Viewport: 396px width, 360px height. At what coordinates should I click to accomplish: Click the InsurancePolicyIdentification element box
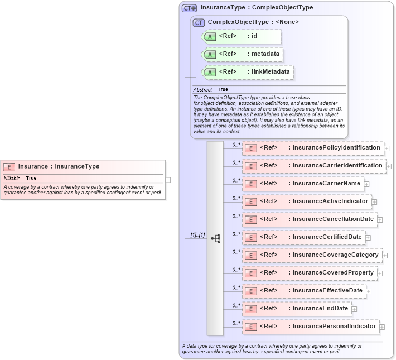click(312, 148)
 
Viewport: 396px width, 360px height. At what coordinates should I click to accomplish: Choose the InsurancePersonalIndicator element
click(310, 327)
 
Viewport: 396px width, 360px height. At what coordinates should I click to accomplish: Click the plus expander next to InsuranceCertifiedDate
click(369, 238)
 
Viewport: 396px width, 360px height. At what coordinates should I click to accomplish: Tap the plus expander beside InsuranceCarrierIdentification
click(389, 166)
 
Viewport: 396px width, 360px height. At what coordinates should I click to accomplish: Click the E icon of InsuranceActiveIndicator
click(251, 201)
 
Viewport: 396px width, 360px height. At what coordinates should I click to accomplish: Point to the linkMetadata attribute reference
click(248, 72)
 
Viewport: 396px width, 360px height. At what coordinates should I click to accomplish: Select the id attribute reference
click(240, 36)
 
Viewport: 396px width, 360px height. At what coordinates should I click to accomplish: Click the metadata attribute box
click(243, 54)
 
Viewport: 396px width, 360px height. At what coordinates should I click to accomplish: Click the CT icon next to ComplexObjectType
click(199, 22)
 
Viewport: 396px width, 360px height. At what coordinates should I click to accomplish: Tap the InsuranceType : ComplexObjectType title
click(257, 8)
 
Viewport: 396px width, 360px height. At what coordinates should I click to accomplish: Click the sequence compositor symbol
click(215, 238)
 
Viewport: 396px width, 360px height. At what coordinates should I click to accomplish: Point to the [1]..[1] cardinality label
click(197, 235)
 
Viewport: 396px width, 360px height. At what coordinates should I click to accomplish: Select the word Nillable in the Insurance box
click(12, 178)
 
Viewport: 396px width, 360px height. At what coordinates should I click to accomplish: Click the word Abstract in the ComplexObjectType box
click(202, 89)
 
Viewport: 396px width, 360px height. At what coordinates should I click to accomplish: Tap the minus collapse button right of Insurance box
click(168, 180)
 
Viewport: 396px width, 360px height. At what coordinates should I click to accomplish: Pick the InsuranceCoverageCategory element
click(312, 255)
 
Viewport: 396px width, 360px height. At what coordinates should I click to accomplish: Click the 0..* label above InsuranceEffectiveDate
click(236, 287)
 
